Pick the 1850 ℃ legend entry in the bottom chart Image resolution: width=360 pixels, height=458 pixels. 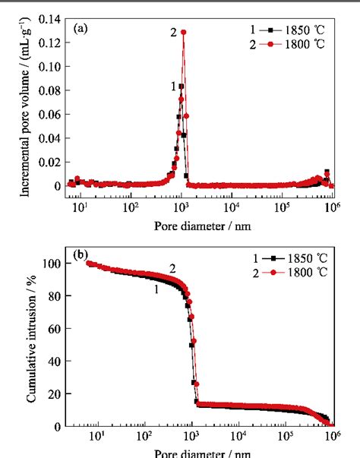click(292, 256)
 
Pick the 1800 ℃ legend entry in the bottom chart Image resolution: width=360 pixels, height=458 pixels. click(292, 270)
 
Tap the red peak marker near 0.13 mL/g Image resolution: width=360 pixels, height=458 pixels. click(183, 32)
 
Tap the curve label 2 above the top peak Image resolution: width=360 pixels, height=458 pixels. click(174, 32)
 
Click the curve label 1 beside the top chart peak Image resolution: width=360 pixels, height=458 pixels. click(174, 87)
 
